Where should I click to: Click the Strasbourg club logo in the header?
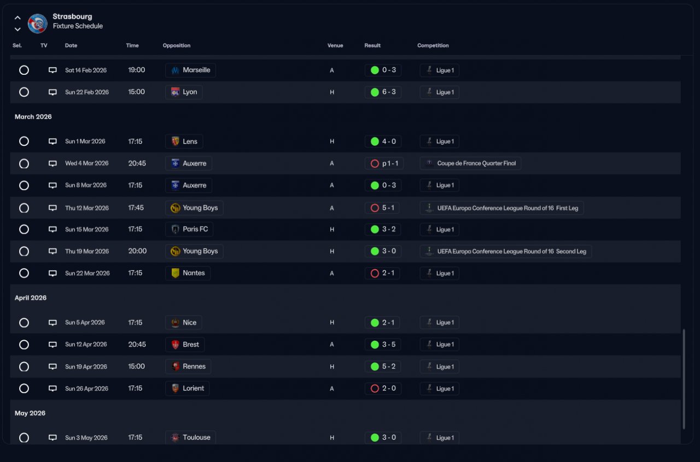38,23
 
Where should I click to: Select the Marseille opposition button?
190,70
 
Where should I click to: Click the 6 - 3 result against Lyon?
383,92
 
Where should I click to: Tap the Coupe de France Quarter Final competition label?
470,163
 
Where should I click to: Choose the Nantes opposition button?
188,273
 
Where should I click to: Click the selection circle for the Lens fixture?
24,141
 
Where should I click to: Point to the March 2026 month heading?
33,117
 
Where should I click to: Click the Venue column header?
335,45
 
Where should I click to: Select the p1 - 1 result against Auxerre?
384,163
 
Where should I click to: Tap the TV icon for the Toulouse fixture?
52,437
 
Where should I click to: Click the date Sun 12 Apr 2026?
86,345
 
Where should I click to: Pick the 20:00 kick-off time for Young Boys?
137,251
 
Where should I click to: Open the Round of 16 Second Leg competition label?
506,252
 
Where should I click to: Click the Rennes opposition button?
188,366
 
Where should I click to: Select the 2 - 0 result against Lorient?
382,389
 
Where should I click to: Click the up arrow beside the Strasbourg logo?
17,18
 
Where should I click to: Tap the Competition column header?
433,45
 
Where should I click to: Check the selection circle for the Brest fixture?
24,345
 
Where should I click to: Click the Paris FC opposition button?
189,229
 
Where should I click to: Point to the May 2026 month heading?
30,413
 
